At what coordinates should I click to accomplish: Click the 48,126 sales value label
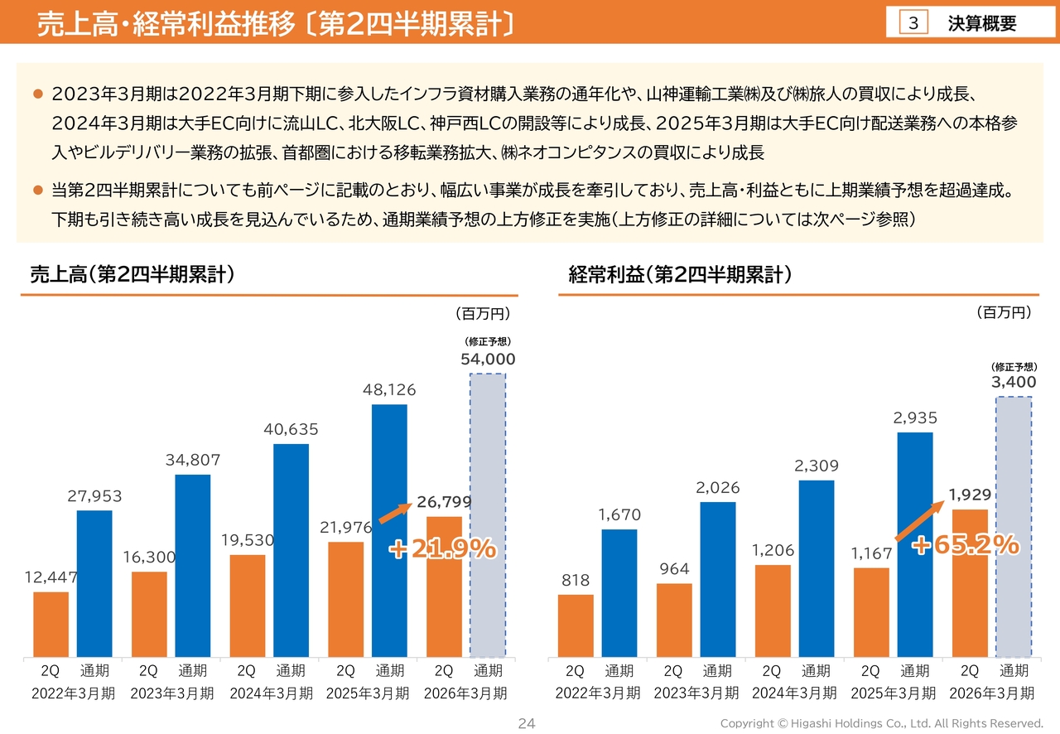pyautogui.click(x=389, y=389)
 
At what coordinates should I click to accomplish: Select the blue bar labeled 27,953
pyautogui.click(x=94, y=584)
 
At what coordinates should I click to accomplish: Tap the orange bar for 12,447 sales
pyautogui.click(x=51, y=625)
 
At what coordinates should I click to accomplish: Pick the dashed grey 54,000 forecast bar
pyautogui.click(x=488, y=515)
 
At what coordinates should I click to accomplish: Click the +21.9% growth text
pyautogui.click(x=443, y=548)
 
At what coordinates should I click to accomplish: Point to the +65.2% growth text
pyautogui.click(x=966, y=544)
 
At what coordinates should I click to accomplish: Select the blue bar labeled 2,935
pyautogui.click(x=915, y=545)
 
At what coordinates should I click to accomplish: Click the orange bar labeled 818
pyautogui.click(x=576, y=626)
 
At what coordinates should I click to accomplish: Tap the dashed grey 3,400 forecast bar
pyautogui.click(x=1014, y=527)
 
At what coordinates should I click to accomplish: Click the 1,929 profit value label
pyautogui.click(x=970, y=495)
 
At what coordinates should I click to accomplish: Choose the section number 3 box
pyautogui.click(x=913, y=23)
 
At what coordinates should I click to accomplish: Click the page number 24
pyautogui.click(x=527, y=723)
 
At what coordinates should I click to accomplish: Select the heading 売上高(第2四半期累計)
pyautogui.click(x=132, y=275)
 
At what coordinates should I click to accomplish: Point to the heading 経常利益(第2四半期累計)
pyautogui.click(x=680, y=275)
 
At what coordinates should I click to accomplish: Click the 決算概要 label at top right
pyautogui.click(x=982, y=23)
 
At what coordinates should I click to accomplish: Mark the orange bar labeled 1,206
pyautogui.click(x=773, y=611)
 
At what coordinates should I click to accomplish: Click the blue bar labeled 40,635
pyautogui.click(x=291, y=551)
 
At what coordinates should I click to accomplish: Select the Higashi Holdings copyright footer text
pyautogui.click(x=881, y=723)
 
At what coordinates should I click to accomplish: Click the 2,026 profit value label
pyautogui.click(x=717, y=488)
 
